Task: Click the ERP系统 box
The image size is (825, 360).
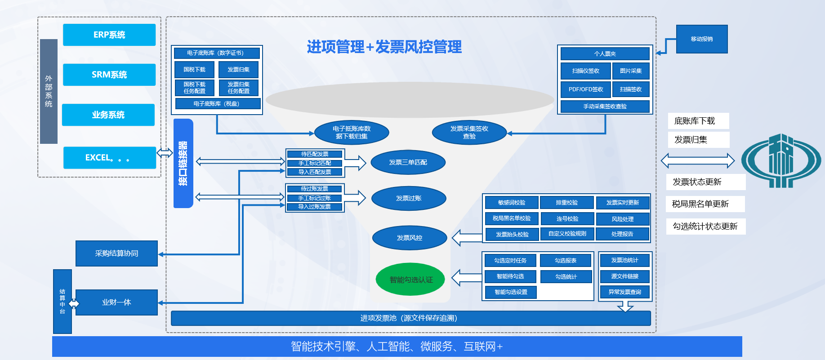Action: (x=109, y=35)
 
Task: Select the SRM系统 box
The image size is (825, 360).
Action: (x=109, y=75)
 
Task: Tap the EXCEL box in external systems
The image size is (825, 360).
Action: (x=110, y=158)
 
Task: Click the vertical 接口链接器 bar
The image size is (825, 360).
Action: (x=183, y=163)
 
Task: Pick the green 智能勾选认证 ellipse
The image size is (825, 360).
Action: (x=411, y=280)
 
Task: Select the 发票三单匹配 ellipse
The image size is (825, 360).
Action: (x=408, y=162)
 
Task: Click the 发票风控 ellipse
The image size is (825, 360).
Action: (x=410, y=238)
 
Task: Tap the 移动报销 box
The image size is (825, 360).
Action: (x=702, y=39)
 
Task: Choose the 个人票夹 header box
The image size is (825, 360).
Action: (x=605, y=54)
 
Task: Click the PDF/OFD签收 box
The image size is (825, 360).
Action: (x=585, y=89)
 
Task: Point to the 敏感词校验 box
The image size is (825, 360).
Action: (x=512, y=203)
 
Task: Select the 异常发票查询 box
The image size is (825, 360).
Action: (x=624, y=292)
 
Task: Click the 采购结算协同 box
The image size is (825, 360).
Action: (x=116, y=253)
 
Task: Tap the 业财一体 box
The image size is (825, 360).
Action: (x=116, y=302)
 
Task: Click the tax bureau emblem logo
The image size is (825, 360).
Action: (x=781, y=160)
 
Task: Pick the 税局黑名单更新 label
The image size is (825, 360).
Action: (x=705, y=204)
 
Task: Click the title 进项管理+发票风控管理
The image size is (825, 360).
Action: (x=384, y=47)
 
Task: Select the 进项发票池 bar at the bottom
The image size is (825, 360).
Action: (x=410, y=318)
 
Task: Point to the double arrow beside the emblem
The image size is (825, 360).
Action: (x=697, y=160)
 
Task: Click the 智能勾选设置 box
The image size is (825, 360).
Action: (x=511, y=292)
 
